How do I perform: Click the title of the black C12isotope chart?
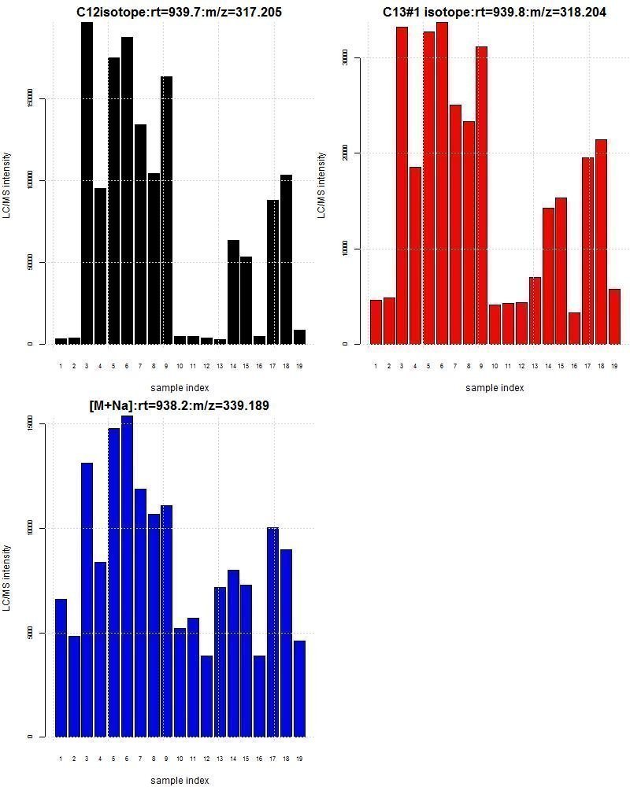180,12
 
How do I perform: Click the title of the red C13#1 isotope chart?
495,12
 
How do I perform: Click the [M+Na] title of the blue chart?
180,405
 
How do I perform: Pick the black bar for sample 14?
233,292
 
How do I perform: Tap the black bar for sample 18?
286,259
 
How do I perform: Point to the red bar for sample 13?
535,310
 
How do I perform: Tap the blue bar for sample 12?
206,696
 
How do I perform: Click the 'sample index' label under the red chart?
495,387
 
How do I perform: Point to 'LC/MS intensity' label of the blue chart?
7,578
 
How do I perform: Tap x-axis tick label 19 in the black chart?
299,366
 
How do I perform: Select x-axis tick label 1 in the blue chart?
61,759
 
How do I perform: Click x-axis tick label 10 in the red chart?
495,366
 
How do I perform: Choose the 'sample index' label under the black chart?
180,387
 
